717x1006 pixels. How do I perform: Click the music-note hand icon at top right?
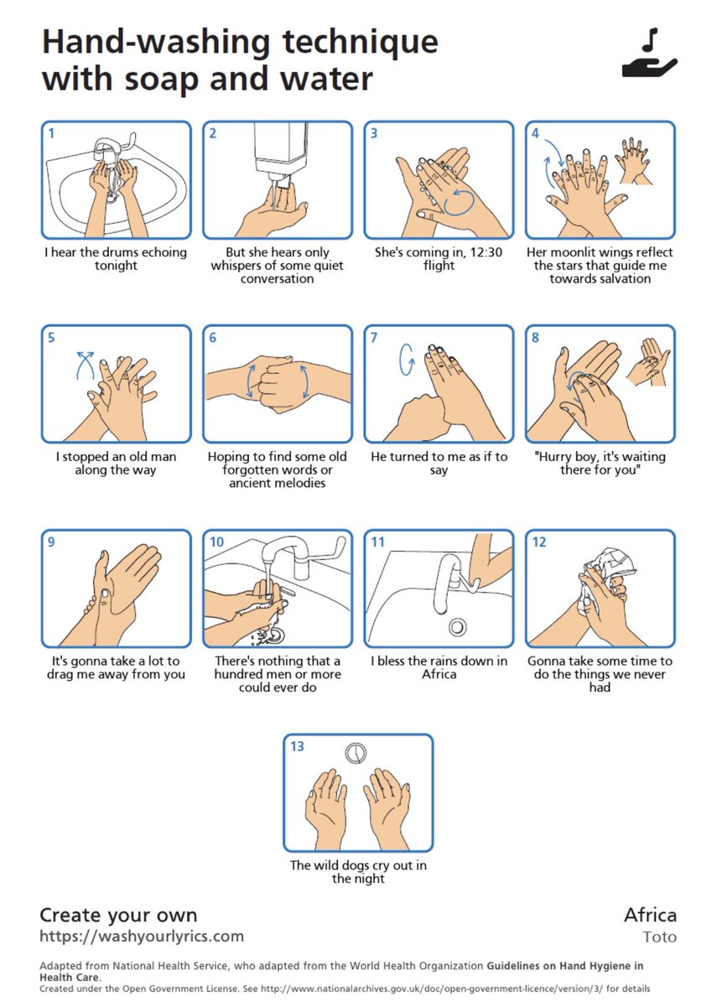coord(649,53)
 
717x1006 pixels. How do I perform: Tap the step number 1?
coord(52,133)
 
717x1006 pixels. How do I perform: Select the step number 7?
coord(374,338)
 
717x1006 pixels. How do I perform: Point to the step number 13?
coord(297,746)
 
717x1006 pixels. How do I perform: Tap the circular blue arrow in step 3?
coord(460,202)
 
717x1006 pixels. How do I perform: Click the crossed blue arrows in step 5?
coord(86,365)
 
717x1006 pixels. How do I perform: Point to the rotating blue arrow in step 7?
coord(407,360)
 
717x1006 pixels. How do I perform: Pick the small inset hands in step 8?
coord(648,362)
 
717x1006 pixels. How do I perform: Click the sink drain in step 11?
coord(458,626)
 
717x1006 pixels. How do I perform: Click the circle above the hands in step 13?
coord(356,753)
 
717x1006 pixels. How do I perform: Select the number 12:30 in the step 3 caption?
coord(486,252)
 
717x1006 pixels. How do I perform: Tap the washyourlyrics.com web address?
coord(142,936)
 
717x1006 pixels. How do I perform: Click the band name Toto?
coord(659,937)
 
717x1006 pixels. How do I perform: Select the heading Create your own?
coord(118,915)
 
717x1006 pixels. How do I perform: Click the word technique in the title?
coord(361,42)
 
